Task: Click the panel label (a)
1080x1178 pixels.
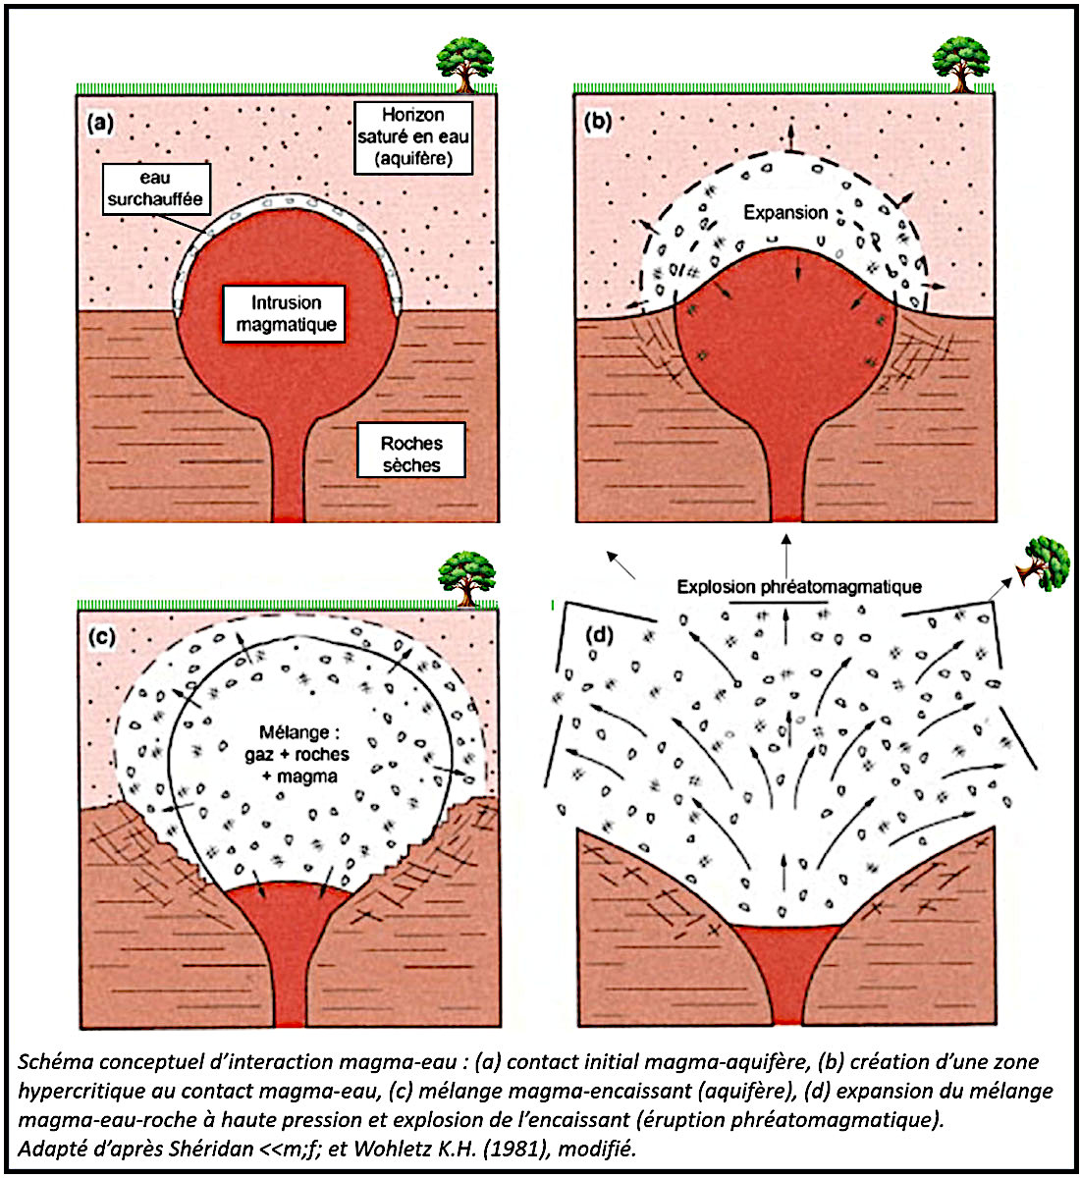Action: point(102,124)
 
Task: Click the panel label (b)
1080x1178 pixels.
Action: point(598,124)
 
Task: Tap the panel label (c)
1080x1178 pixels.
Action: point(102,636)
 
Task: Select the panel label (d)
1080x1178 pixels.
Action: point(598,636)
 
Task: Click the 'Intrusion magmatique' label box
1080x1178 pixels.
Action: point(285,314)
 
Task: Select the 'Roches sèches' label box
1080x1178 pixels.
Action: point(411,454)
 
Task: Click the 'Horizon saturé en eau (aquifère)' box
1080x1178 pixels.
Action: point(412,137)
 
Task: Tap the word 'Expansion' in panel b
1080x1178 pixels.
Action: point(785,212)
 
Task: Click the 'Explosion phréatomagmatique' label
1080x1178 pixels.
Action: point(799,587)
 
